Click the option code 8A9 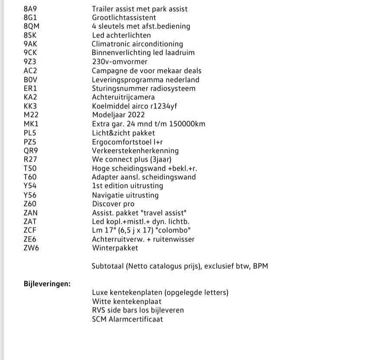click(x=30, y=9)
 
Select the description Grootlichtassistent click(x=124, y=18)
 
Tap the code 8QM click(x=32, y=26)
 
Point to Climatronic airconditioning click(x=137, y=44)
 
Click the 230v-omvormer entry click(x=119, y=62)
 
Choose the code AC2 click(x=30, y=71)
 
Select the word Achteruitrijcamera click(x=123, y=97)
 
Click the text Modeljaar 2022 click(x=118, y=115)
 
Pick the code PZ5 click(x=30, y=142)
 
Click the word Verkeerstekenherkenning click(x=135, y=151)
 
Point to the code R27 click(x=30, y=159)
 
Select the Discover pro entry click(x=113, y=204)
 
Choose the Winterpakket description click(x=115, y=248)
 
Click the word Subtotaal click(x=108, y=266)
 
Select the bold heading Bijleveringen click(x=47, y=284)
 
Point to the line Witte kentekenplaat click(x=126, y=302)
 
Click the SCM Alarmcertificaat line click(x=127, y=319)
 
